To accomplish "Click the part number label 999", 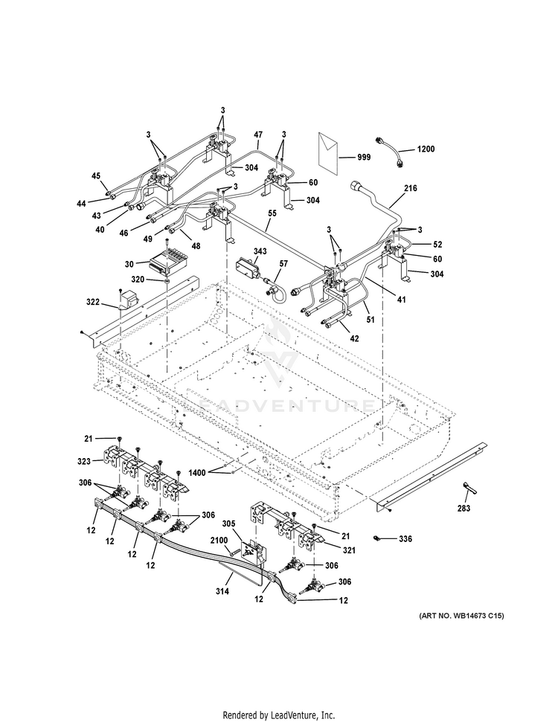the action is coord(364,157).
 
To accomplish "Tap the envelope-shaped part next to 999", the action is coord(328,153).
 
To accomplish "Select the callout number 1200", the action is coord(426,149).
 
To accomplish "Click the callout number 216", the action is coord(411,188).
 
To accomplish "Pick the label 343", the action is coord(260,251).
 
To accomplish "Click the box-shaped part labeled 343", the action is coord(248,268).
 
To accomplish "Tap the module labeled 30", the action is coord(167,262).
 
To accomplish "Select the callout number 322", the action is coord(93,302).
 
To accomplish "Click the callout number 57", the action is coord(283,263).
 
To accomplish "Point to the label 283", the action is coord(464,508).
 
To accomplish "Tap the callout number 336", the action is coord(405,539).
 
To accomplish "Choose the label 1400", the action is coord(197,472).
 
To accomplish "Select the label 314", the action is coord(222,591).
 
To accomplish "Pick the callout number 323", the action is coord(84,460).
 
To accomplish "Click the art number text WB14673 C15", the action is coord(478,616).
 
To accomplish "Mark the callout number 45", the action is coord(96,176).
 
